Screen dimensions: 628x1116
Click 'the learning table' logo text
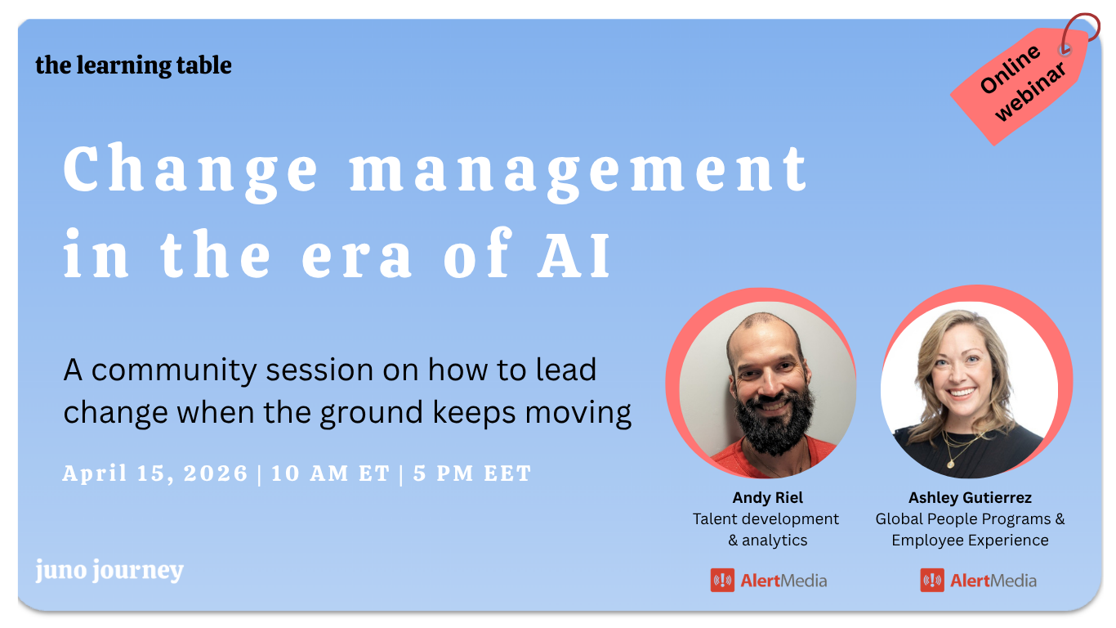[x=133, y=65]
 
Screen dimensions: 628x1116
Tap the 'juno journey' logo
[x=109, y=571]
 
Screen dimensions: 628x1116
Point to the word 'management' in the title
[x=579, y=169]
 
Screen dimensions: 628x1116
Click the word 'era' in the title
[x=357, y=254]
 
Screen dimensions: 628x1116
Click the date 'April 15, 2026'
[x=155, y=473]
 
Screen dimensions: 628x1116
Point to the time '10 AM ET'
[x=330, y=473]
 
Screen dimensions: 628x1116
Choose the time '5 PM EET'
[x=472, y=473]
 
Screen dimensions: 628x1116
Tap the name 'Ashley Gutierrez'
[x=970, y=497]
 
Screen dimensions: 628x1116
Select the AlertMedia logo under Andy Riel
[x=768, y=581]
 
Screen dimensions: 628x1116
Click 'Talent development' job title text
[x=766, y=518]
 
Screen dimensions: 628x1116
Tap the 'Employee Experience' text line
[x=970, y=540]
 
